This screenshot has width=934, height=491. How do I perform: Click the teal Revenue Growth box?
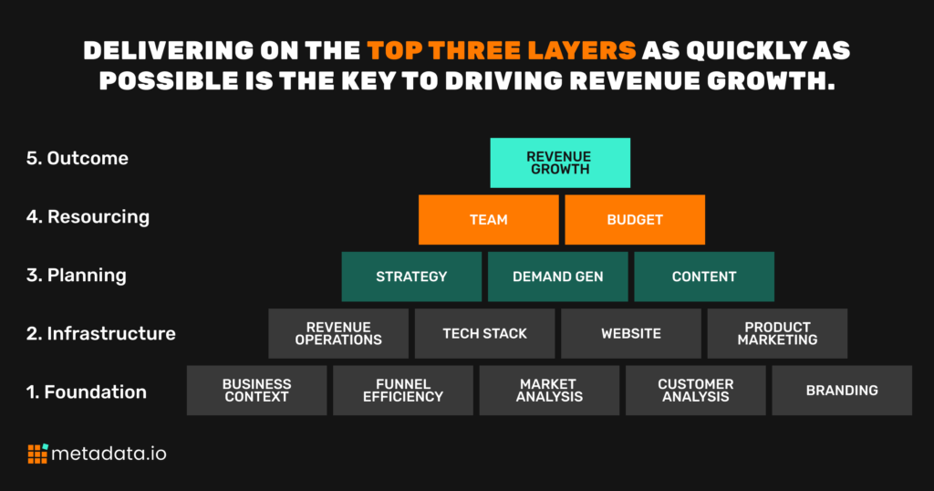(x=560, y=162)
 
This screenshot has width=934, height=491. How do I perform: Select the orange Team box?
(x=489, y=219)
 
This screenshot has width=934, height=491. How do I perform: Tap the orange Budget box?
(x=635, y=219)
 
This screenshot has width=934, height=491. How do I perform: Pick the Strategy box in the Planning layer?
(x=411, y=277)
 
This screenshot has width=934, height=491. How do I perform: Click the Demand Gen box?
(x=557, y=277)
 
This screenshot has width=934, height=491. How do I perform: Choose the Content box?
(x=704, y=277)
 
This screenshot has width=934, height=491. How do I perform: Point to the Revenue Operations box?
(x=338, y=333)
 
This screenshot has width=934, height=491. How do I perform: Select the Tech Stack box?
(x=485, y=333)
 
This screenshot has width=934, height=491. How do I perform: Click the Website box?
(x=631, y=333)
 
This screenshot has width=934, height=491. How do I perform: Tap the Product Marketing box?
(x=777, y=333)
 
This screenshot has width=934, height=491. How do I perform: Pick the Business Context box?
(x=256, y=391)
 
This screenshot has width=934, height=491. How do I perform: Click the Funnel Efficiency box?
(x=403, y=391)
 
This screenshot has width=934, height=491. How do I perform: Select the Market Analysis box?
(x=549, y=391)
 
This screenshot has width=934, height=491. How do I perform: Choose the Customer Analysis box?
(x=696, y=391)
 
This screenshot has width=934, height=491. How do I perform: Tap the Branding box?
(x=842, y=391)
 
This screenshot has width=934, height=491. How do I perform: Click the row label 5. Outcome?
(x=78, y=158)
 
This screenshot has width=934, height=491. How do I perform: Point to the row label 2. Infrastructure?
(x=100, y=333)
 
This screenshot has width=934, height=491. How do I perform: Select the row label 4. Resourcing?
(x=88, y=217)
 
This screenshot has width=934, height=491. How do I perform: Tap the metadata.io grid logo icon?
(x=37, y=454)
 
